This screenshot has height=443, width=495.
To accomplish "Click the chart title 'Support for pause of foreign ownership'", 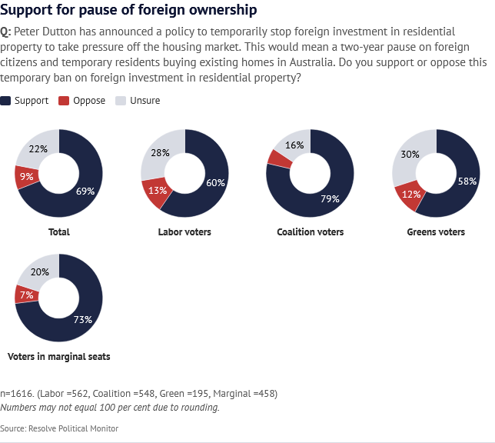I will click(128, 11).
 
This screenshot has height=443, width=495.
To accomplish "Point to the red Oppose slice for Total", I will click(24, 178).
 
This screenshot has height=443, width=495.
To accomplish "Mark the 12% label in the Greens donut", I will click(411, 194).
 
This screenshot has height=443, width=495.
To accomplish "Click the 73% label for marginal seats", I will click(83, 318).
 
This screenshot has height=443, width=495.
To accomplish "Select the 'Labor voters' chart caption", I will click(184, 232).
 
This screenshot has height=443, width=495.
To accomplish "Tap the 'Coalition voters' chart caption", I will click(310, 232).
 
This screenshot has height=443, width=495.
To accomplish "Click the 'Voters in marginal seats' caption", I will click(58, 357).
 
